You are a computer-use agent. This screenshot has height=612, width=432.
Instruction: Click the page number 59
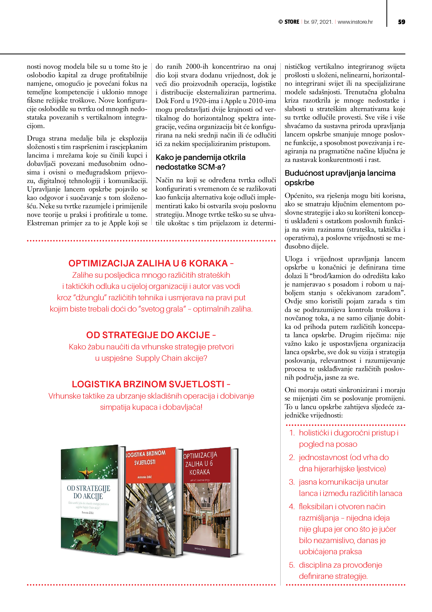coord(401,22)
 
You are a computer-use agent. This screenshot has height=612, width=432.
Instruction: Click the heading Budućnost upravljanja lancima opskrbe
coord(340,178)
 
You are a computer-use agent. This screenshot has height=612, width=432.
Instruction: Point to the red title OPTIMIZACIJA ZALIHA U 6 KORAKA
coord(148,263)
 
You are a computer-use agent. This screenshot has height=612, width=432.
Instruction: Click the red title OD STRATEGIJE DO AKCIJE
coord(148,335)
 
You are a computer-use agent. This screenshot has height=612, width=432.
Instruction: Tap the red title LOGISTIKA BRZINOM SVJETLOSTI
coord(148,384)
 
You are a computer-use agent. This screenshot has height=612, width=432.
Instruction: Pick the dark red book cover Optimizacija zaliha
coord(207,501)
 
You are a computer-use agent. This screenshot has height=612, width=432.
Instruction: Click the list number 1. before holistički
coord(292,433)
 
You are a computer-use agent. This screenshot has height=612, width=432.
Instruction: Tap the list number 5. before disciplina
coord(292,565)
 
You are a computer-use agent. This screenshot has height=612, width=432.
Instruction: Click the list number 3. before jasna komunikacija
coord(292,482)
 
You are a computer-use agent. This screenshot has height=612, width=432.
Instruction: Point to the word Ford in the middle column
coord(177,101)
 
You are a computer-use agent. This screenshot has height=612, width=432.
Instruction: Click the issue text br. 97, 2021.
coord(318,22)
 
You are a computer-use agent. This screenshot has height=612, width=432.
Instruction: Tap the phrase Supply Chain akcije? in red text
coord(171,358)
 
